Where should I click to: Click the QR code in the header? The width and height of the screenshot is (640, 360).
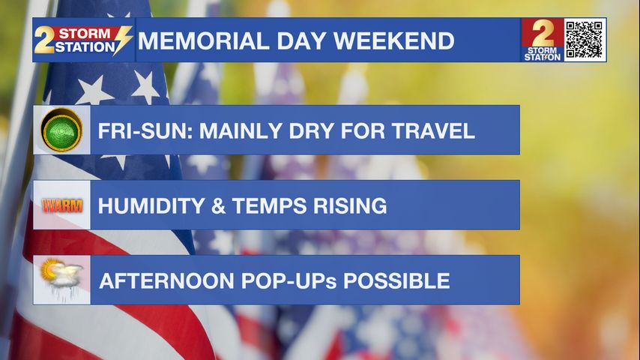point(585,40)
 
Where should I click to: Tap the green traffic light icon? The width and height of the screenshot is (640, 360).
point(61,130)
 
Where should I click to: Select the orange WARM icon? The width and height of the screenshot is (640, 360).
point(62,205)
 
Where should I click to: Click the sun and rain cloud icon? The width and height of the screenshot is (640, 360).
point(61,277)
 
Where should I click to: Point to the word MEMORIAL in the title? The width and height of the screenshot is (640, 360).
point(204,40)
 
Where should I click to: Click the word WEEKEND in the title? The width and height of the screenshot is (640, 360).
point(394,40)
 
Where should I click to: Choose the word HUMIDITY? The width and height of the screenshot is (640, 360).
point(151,205)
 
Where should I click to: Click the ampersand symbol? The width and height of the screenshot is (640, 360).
point(218,205)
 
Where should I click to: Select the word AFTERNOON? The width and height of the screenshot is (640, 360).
point(167,281)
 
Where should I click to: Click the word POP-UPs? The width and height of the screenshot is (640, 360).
point(289,281)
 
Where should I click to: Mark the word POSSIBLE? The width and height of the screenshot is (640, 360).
point(396,281)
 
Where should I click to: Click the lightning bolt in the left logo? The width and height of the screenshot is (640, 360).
point(122,40)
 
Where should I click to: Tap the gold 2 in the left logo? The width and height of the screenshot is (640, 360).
point(43,40)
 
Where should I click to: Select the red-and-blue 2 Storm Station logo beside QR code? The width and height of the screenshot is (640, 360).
point(543,40)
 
